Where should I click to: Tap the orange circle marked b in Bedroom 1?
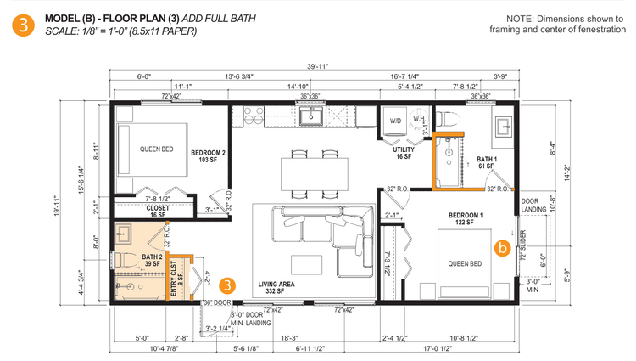[502, 249]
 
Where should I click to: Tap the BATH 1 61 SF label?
[487, 162]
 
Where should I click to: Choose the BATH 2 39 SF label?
[152, 261]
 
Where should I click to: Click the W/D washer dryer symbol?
[395, 121]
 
